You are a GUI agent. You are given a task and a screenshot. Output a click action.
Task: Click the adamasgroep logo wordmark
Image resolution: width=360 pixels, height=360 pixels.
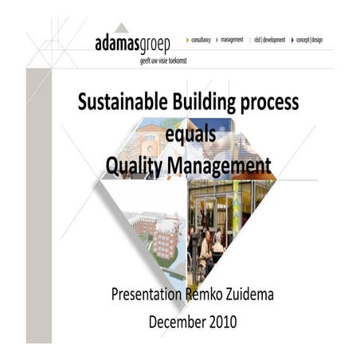[131, 41]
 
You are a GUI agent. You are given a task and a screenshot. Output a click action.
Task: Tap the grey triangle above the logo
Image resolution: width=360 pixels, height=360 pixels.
[120, 28]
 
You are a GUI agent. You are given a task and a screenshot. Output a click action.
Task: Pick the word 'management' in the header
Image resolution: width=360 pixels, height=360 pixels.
[232, 39]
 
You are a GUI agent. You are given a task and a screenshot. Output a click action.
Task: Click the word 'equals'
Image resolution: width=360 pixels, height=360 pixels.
[190, 135]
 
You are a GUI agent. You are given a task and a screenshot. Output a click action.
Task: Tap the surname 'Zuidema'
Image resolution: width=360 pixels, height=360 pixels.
[247, 296]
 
